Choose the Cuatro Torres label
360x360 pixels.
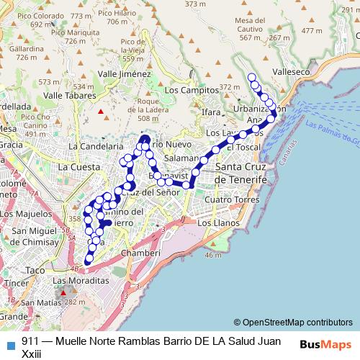pos(231,199)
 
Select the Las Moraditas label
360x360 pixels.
pos(80,280)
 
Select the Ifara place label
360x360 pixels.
pos(212,113)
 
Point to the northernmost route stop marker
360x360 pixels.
pos(251,77)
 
